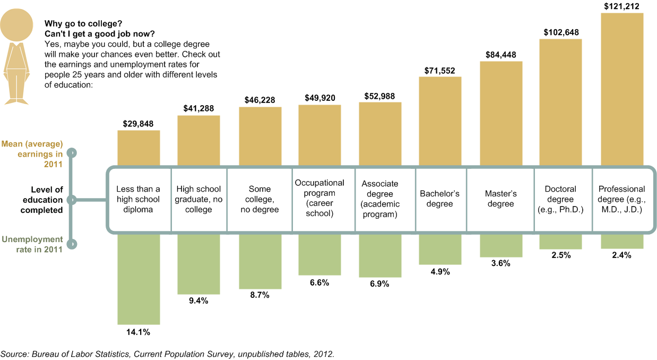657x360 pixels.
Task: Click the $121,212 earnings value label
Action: pos(621,6)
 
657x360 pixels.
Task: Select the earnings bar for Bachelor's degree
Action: pos(440,121)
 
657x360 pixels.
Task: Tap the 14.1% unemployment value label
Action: pos(138,332)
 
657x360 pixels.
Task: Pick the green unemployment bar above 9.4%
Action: pos(198,263)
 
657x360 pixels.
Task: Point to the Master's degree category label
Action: pos(500,199)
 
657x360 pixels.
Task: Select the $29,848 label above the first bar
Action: pos(138,124)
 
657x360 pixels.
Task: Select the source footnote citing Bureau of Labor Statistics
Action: pos(168,354)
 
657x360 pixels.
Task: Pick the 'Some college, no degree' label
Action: pos(260,199)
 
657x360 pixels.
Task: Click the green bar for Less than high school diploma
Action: pos(138,279)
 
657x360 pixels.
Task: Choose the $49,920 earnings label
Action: pos(319,98)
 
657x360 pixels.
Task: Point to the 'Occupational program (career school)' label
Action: pos(319,198)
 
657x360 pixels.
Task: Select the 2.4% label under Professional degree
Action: pos(621,255)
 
